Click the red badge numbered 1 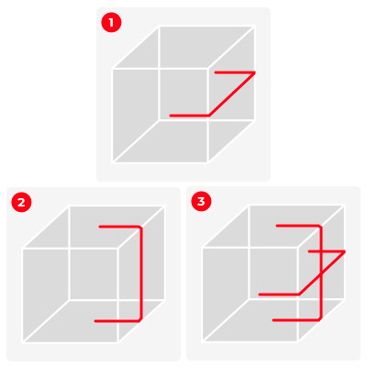(111, 22)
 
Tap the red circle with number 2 (21, 202)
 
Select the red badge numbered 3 (201, 201)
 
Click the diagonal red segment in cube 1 (231, 94)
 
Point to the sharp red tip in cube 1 (255, 72)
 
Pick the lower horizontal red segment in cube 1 (189, 116)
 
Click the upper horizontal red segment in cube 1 (235, 72)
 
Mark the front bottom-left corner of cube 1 (113, 162)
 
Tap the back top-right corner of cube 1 (254, 27)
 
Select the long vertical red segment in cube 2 (141, 273)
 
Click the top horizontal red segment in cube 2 (119, 227)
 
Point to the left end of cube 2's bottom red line (95, 321)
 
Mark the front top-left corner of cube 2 (23, 249)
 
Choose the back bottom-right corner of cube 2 (164, 299)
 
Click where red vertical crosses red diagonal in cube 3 (321, 274)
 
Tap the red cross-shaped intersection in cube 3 (321, 251)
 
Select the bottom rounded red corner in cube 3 (319, 318)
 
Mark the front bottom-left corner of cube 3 (204, 341)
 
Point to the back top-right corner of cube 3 (344, 206)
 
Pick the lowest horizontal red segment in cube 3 (295, 320)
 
